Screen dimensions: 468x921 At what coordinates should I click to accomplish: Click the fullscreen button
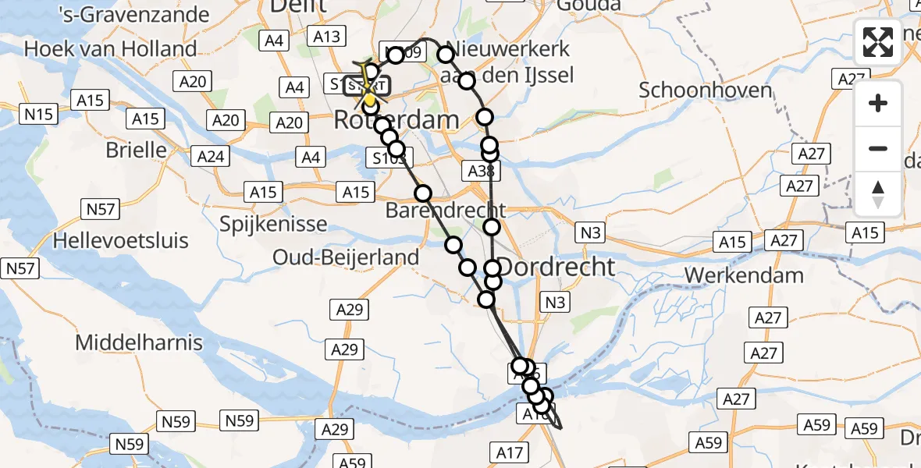878,42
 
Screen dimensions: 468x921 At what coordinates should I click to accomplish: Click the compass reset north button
878,193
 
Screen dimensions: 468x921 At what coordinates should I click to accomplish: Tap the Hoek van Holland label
110,49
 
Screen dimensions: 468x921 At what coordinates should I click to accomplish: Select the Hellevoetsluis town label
121,240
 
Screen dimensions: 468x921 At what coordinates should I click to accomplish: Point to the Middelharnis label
139,342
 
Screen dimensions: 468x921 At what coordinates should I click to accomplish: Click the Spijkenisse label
272,225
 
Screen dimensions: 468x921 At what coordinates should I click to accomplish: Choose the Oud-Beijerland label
346,257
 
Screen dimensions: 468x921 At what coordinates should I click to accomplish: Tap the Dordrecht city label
556,267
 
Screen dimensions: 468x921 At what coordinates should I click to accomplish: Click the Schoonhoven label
706,90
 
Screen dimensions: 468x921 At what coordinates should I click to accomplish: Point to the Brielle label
138,150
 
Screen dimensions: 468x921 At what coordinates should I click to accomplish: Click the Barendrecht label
446,211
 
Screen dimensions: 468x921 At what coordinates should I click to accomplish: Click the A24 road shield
211,157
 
